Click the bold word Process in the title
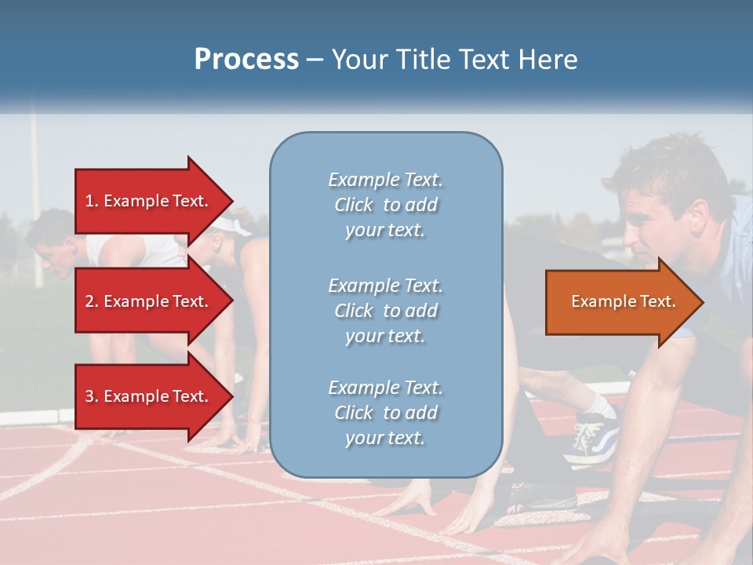[246, 60]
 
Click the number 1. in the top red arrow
[92, 201]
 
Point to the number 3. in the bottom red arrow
[92, 396]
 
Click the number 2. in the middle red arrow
[92, 301]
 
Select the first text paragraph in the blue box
[385, 205]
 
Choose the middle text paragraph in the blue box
[385, 311]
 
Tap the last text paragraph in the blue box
[385, 413]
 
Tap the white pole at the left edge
[35, 196]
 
